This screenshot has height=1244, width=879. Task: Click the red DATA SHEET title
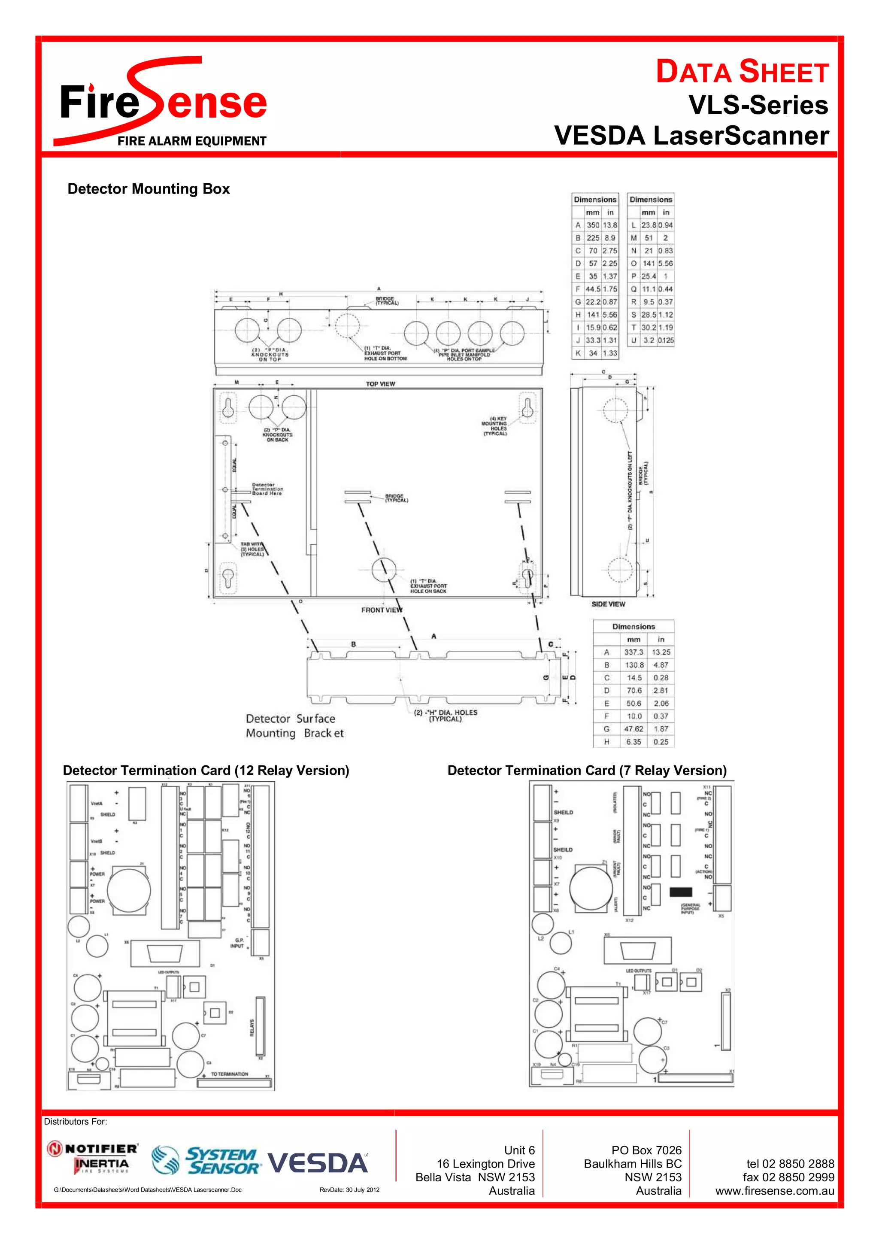point(742,72)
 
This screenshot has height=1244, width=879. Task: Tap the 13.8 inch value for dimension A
point(610,225)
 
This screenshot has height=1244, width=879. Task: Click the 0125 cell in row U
point(666,340)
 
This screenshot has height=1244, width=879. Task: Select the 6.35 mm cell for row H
point(633,742)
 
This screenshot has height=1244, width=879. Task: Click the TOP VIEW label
point(380,384)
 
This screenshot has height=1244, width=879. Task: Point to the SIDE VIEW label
point(608,604)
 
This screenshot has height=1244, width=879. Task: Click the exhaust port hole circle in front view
point(384,570)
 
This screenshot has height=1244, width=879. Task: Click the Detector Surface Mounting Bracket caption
point(294,726)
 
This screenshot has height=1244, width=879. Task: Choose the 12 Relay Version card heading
point(206,771)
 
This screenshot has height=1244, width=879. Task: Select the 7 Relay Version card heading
point(587,771)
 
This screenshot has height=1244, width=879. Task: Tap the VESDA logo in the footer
point(318,1163)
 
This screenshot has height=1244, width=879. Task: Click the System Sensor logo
point(206,1161)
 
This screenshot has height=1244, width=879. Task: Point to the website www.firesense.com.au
point(774,1191)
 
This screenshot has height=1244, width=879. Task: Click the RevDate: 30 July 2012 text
point(349,1190)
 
